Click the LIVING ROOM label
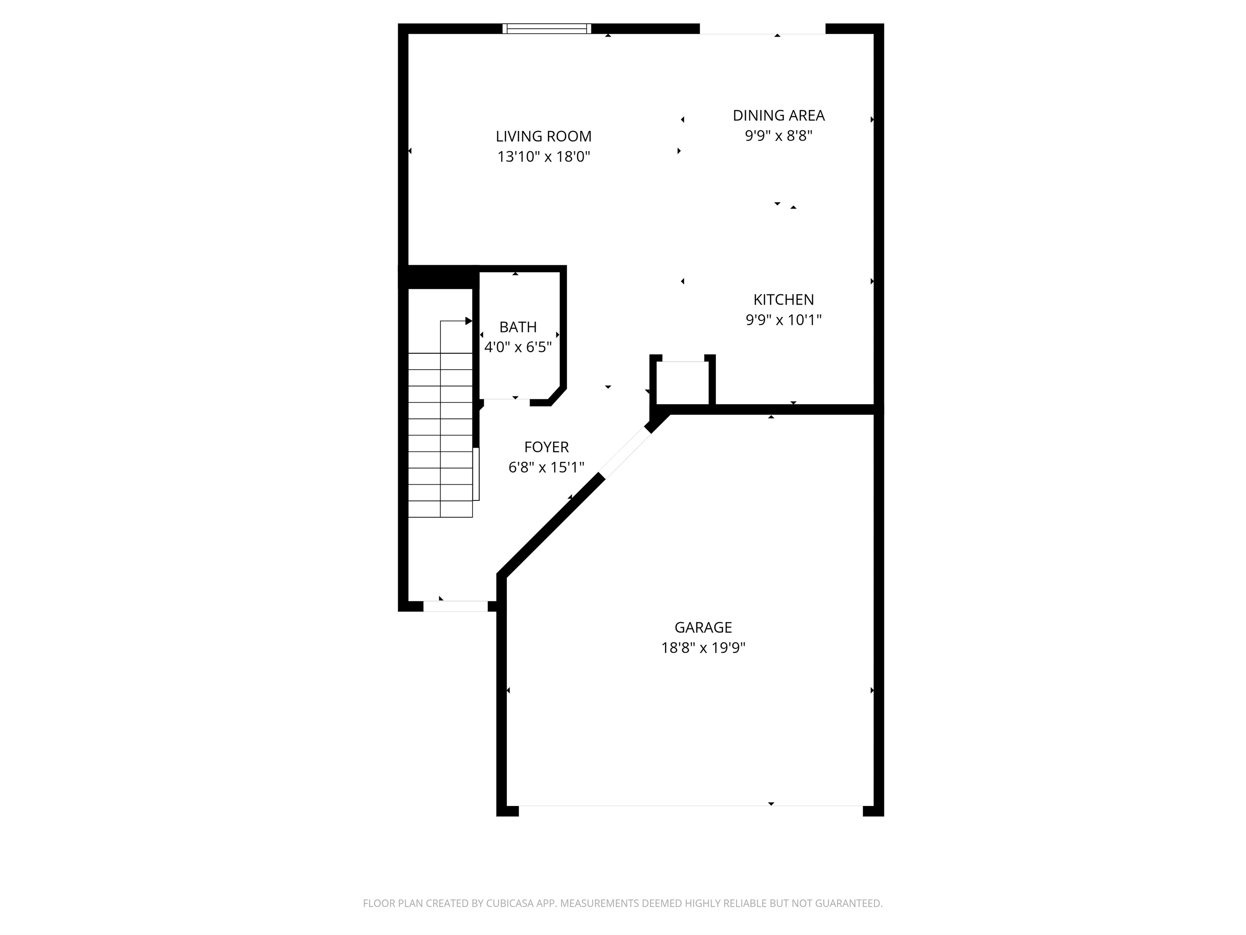click(544, 137)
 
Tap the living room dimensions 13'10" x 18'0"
click(544, 157)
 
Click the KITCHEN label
click(784, 300)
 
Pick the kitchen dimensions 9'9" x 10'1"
click(784, 320)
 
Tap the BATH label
click(518, 327)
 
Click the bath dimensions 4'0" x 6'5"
click(518, 347)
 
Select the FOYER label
click(546, 447)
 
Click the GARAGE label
click(703, 628)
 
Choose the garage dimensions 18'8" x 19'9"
click(703, 648)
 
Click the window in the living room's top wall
click(546, 29)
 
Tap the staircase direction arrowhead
click(469, 321)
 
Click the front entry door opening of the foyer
click(455, 606)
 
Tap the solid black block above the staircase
click(438, 277)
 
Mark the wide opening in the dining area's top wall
click(763, 29)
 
